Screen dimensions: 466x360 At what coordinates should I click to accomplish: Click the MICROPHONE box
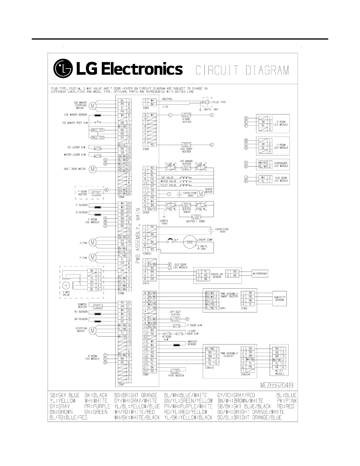click(x=260, y=274)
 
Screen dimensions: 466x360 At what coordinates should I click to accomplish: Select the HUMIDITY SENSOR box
click(x=279, y=298)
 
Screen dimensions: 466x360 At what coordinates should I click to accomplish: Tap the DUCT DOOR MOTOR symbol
click(x=93, y=169)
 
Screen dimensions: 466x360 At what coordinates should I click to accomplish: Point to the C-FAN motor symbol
click(x=93, y=243)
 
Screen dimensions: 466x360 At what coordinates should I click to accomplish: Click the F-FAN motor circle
click(x=93, y=258)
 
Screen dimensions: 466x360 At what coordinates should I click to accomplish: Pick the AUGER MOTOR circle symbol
click(x=201, y=194)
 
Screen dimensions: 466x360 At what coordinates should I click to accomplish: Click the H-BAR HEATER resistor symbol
click(x=186, y=115)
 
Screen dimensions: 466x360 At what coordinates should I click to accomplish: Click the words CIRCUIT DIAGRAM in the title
click(x=242, y=71)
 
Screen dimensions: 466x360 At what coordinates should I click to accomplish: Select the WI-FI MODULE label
click(x=279, y=372)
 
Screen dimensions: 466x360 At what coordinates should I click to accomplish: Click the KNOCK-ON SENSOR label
click(x=217, y=275)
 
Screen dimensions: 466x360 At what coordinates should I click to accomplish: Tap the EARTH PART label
click(x=164, y=222)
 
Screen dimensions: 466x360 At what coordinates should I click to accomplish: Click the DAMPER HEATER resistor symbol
click(x=97, y=306)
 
